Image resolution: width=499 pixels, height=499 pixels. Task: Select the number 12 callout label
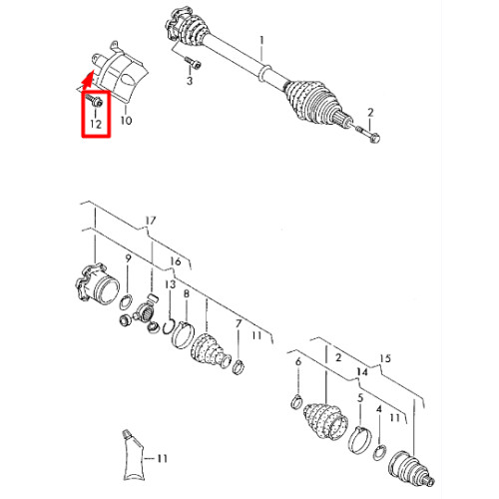[96, 124]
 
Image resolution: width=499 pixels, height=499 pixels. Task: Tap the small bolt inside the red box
[95, 100]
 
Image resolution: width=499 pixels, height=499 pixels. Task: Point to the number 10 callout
[126, 120]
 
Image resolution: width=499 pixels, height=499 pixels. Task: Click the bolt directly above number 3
[194, 63]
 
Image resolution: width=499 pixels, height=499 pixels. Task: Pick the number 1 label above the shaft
[262, 41]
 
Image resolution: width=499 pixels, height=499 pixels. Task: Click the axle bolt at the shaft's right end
[367, 133]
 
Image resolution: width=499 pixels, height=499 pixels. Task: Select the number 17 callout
[151, 221]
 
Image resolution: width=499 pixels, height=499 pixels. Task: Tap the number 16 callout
[176, 261]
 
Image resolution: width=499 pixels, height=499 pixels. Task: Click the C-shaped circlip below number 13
[169, 326]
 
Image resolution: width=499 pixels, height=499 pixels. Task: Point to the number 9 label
[129, 258]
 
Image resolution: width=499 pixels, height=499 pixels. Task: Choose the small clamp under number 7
[239, 366]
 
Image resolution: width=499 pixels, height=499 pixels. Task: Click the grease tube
[134, 456]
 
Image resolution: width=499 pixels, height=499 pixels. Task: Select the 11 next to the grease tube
[162, 459]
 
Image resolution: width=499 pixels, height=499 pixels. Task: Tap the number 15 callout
[385, 358]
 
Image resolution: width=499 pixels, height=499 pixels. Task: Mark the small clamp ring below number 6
[296, 401]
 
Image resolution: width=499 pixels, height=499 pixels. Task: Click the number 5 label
[361, 398]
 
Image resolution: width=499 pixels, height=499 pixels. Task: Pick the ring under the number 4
[379, 452]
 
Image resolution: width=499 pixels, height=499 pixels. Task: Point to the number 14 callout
[362, 371]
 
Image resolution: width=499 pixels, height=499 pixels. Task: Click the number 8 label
[187, 293]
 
